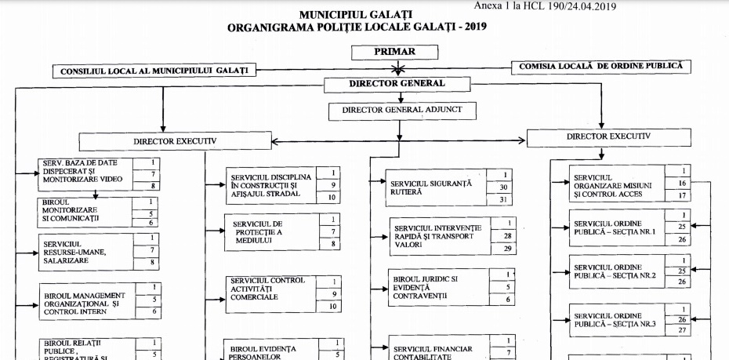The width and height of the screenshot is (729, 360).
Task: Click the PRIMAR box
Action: click(x=395, y=53)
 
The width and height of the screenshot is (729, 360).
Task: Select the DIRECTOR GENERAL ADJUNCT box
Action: click(x=401, y=111)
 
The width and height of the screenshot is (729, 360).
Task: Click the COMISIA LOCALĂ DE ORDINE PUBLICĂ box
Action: click(x=600, y=67)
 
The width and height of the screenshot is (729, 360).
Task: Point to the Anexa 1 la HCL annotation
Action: click(x=546, y=6)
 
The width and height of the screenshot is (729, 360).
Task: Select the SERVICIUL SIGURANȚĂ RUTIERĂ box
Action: click(x=435, y=187)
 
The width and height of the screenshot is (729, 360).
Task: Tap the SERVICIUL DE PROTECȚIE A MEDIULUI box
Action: click(x=271, y=232)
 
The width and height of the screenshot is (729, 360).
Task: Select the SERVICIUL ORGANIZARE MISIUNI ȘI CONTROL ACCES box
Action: click(x=617, y=184)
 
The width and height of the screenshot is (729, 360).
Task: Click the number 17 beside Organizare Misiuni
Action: click(x=683, y=195)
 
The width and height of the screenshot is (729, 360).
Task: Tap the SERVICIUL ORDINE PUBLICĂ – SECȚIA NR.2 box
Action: click(x=617, y=271)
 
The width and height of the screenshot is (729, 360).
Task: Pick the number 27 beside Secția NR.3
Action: click(x=684, y=331)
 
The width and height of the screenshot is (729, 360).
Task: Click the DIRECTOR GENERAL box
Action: click(x=396, y=84)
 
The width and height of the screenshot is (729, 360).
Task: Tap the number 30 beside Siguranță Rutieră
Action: click(x=505, y=187)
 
